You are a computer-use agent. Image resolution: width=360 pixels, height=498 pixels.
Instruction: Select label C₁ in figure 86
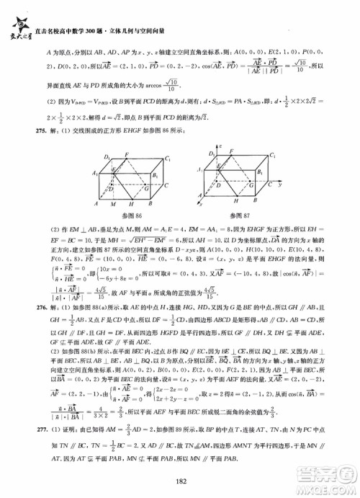click(167, 158)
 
